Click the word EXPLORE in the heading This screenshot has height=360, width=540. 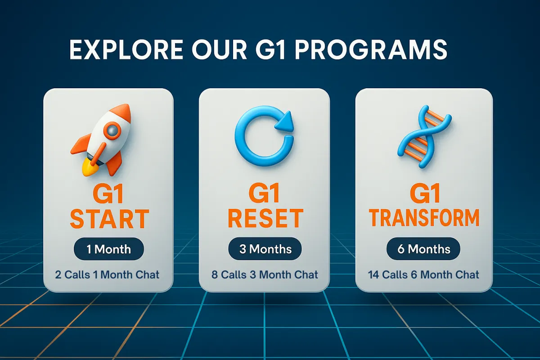[x=126, y=49]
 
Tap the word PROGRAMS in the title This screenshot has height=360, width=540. [x=371, y=49]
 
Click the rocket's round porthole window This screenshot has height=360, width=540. [x=112, y=130]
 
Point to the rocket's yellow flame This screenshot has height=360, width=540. [x=89, y=168]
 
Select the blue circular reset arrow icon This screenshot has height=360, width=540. [x=264, y=136]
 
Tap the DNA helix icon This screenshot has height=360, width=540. [x=424, y=137]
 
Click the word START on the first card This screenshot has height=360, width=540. [x=109, y=219]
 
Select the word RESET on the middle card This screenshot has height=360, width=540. [x=265, y=218]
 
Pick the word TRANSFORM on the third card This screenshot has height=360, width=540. [x=424, y=218]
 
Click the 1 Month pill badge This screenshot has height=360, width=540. [x=109, y=249]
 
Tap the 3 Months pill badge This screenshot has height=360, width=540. [x=265, y=248]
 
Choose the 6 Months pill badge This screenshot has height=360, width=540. [x=423, y=248]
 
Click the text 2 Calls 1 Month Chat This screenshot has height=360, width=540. [x=107, y=274]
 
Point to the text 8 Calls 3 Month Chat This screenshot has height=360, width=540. [x=265, y=274]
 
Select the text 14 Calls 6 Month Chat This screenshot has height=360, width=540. [x=423, y=274]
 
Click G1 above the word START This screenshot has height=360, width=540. [x=108, y=194]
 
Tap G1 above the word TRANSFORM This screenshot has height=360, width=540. [x=425, y=193]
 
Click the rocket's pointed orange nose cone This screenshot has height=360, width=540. [x=122, y=112]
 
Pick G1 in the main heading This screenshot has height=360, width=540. [x=270, y=49]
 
